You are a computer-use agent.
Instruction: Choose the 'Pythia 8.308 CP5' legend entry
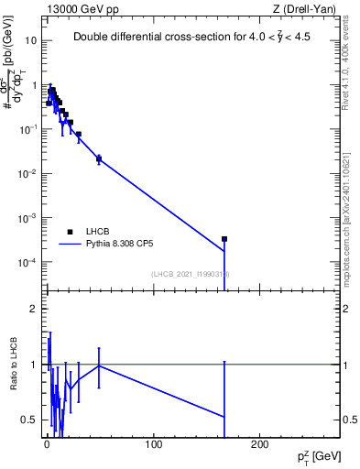(120, 245)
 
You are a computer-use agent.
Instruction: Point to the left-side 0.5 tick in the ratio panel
(29, 420)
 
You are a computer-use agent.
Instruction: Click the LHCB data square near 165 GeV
(224, 238)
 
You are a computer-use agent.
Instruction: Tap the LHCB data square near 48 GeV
(99, 158)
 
